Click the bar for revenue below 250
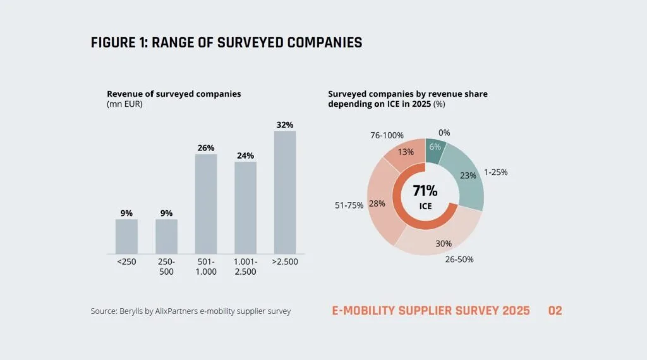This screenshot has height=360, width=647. (x=126, y=236)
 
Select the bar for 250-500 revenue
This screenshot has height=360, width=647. (x=166, y=236)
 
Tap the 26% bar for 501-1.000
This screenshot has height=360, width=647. (x=206, y=204)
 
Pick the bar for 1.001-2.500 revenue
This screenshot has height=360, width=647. (x=246, y=207)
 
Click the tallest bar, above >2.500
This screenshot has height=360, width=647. (x=285, y=192)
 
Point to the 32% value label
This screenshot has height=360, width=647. (x=285, y=124)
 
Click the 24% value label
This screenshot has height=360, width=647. (x=245, y=155)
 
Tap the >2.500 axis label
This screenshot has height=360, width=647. (x=285, y=261)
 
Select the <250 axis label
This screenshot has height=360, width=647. (x=126, y=261)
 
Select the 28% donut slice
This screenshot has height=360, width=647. (x=380, y=202)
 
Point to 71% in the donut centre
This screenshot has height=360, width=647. (x=425, y=191)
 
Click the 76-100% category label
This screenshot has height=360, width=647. (x=387, y=135)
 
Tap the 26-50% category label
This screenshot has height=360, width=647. (x=459, y=260)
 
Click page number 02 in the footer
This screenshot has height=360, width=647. (x=555, y=311)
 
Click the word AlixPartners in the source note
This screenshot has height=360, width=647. (x=176, y=311)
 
